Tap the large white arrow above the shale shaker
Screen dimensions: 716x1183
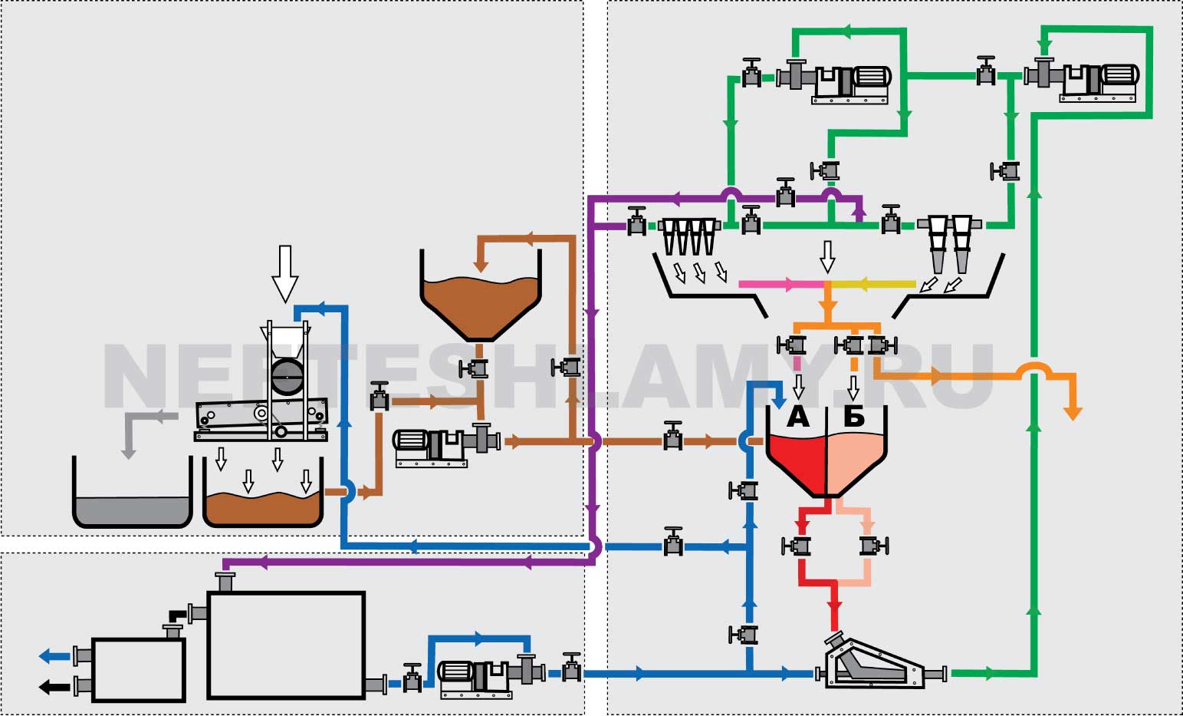click(x=285, y=273)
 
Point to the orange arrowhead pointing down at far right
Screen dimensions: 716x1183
click(x=1074, y=413)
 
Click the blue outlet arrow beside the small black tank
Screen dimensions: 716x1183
click(x=54, y=656)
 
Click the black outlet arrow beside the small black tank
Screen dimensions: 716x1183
click(x=54, y=686)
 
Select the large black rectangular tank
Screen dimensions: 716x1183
click(x=285, y=645)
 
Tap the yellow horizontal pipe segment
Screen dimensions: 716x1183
click(x=874, y=284)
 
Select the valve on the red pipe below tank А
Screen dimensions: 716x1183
click(x=798, y=546)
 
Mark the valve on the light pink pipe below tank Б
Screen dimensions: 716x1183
click(x=872, y=546)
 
